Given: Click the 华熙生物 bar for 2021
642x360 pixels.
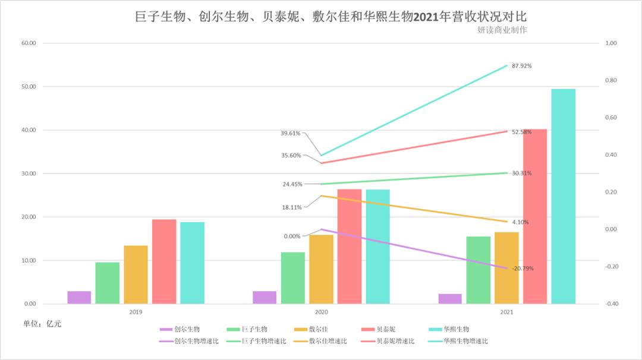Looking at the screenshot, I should [563, 196].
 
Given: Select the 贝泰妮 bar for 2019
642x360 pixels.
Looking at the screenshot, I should [164, 261].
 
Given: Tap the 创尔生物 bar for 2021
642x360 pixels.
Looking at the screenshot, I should [450, 299].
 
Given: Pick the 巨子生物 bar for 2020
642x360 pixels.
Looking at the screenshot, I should [293, 278].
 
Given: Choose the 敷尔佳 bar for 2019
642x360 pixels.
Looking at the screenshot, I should [136, 274].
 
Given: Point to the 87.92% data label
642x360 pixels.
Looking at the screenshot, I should [522, 66].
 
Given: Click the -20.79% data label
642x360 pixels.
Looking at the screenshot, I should [523, 269].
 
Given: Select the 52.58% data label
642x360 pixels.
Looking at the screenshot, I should [522, 132].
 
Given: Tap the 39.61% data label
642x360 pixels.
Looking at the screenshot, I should [291, 134].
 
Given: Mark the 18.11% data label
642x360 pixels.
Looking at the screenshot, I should [292, 207].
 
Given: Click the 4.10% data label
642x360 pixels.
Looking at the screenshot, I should [520, 222].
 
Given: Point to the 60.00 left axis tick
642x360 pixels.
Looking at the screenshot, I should [29, 43].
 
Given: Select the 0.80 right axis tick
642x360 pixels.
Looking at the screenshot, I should [612, 81].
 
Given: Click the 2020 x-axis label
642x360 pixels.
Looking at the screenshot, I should [322, 311].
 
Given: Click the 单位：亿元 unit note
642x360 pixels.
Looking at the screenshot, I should [42, 324].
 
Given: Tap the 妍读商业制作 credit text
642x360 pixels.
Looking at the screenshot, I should [502, 30].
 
